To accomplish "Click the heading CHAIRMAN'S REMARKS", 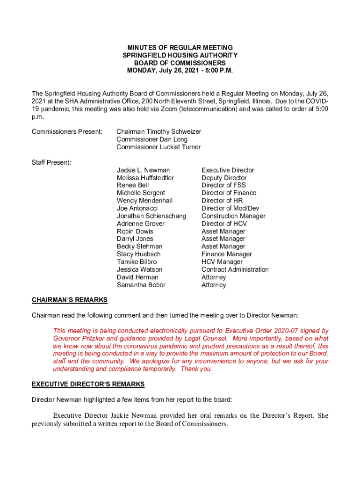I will (x=69, y=300).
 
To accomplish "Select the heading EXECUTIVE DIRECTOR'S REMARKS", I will (x=88, y=385).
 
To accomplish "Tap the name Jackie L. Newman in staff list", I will (x=143, y=170).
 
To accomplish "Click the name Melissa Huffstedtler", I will (x=145, y=178).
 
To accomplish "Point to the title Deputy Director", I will (x=224, y=178).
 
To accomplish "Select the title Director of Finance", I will (x=229, y=193).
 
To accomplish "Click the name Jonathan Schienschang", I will (x=151, y=216).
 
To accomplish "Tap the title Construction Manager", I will (x=233, y=216).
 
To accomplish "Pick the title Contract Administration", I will (x=235, y=269).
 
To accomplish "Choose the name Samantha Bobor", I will (x=141, y=285).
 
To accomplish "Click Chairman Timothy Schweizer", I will (x=158, y=132).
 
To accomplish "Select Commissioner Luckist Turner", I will (x=158, y=147).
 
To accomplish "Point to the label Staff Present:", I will (x=51, y=162).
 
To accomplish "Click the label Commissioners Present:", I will (x=67, y=132).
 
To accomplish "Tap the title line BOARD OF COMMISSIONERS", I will (x=180, y=63).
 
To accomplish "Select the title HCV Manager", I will (x=222, y=262).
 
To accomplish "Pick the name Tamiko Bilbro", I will (x=137, y=262).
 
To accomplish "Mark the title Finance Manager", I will (x=226, y=254).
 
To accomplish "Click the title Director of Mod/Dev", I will (x=230, y=208).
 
